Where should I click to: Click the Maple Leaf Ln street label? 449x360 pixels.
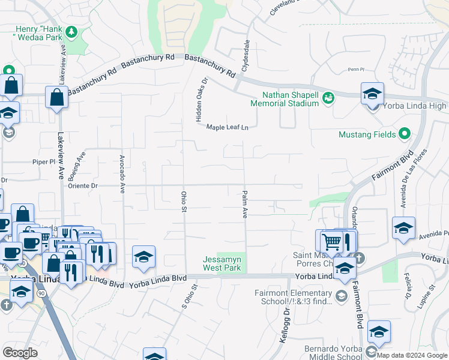coord(227,127)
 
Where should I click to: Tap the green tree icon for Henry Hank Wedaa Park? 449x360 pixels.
coord(72,31)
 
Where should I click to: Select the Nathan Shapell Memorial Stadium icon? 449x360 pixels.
coord(328,97)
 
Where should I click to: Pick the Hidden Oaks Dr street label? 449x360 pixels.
coord(201,100)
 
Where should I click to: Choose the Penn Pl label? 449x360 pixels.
coord(356,70)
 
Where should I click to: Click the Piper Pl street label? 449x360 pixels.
coord(44,162)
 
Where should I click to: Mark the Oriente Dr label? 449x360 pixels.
coord(83,186)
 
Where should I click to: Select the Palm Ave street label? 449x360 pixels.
coord(245,205)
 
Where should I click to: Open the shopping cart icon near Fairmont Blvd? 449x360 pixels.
coord(331,241)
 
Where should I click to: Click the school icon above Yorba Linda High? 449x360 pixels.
coord(372,94)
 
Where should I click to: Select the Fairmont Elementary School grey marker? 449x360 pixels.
coord(341,295)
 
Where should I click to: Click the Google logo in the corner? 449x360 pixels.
coord(20,353)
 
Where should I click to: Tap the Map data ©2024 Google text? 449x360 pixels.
coord(412,355)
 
